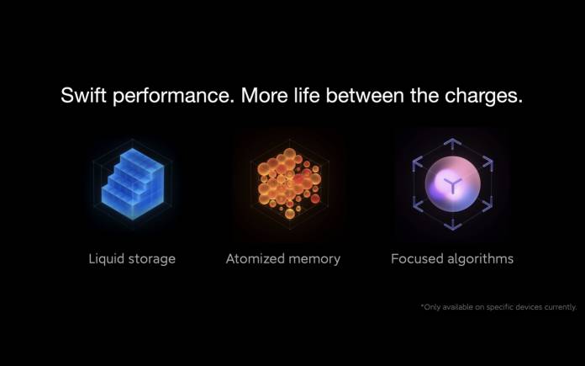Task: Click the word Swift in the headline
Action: point(83,95)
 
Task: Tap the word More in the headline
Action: point(265,95)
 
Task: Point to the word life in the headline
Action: point(307,95)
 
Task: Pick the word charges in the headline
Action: point(483,97)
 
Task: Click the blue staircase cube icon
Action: point(133,183)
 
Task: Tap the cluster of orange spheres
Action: point(289,183)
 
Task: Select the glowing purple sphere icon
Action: point(452,184)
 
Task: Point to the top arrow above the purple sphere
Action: point(452,144)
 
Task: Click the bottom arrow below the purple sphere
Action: point(452,225)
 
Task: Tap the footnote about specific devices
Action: point(498,307)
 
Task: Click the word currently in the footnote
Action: point(561,307)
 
